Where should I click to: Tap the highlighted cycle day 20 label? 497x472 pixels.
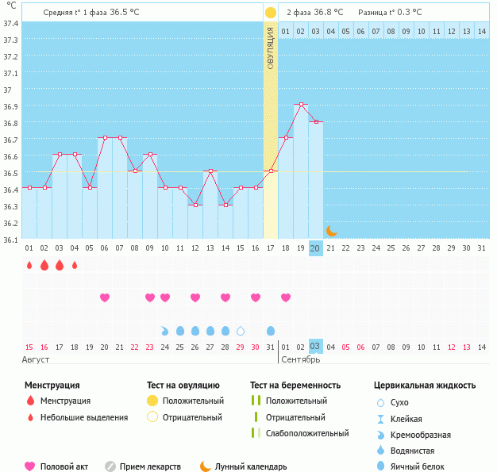(315, 248)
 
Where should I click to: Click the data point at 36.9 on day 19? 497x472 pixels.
(300, 105)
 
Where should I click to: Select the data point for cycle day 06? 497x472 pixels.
(104, 138)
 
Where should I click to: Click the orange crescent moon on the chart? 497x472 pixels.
(331, 231)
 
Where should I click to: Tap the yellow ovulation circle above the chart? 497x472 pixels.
(271, 13)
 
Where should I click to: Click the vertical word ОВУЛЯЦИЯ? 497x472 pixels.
(271, 48)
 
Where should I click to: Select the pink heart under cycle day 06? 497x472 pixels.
(104, 297)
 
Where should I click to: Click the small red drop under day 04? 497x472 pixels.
(75, 265)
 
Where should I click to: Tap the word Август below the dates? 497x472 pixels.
(37, 359)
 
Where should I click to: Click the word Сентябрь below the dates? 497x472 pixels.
(301, 359)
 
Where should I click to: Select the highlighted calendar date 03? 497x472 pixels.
(315, 347)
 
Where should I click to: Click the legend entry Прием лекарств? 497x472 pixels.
(150, 466)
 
